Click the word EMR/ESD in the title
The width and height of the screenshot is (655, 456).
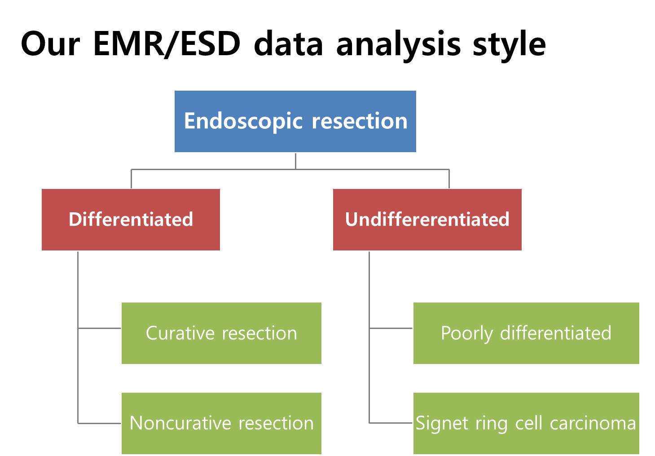[x=167, y=44]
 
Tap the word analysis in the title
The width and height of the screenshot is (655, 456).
[x=398, y=46]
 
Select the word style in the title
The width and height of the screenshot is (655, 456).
[x=509, y=46]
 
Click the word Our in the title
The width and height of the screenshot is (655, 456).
[x=50, y=44]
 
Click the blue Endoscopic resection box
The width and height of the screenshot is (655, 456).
[x=295, y=121]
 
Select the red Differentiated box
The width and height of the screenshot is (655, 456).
[x=131, y=219]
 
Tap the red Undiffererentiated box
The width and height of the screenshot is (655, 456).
[x=427, y=219]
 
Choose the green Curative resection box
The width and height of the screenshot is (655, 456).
[x=221, y=333]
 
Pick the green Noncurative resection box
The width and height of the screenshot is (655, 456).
[x=221, y=423]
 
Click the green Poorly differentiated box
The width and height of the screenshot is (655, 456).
[x=526, y=333]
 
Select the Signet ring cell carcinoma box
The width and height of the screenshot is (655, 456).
[x=526, y=423]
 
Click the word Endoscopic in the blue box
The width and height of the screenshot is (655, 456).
[x=243, y=122]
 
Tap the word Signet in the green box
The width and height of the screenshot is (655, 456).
[x=442, y=424]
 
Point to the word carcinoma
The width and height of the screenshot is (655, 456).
[x=593, y=423]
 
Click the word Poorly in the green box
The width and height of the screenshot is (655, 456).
[x=467, y=334]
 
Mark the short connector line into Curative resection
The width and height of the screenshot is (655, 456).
[x=99, y=328]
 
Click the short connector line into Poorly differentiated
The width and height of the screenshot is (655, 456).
[x=391, y=328]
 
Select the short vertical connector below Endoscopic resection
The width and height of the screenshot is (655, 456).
[x=296, y=161]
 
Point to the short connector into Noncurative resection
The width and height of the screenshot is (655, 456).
[x=99, y=423]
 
